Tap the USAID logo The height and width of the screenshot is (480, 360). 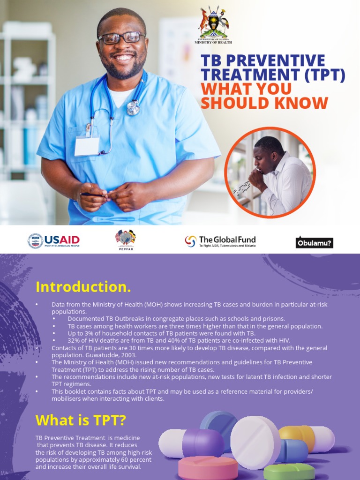point(53,241)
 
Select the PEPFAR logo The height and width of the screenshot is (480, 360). point(125,240)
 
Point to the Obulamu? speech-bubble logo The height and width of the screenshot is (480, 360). point(314,242)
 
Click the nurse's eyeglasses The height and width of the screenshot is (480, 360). point(121,37)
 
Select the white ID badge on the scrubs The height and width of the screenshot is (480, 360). point(87,146)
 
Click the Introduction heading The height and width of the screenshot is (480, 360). point(83,286)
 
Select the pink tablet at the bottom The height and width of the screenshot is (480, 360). point(208,468)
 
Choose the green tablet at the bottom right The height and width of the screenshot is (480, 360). point(289,471)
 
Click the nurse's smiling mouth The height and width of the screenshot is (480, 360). point(124,58)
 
